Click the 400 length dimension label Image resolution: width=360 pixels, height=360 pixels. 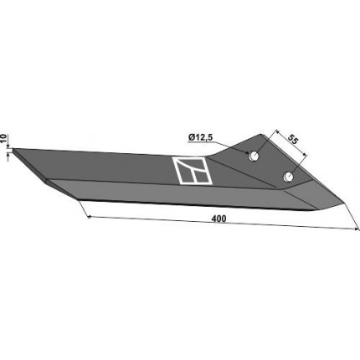[x=219, y=219]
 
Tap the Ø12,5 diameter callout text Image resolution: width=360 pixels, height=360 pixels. [x=201, y=137]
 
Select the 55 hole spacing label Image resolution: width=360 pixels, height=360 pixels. [x=293, y=139]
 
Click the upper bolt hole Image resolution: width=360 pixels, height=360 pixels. [x=254, y=156]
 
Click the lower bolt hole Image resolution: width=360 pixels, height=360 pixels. [x=287, y=177]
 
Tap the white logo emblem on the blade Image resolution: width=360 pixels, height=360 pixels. [x=192, y=171]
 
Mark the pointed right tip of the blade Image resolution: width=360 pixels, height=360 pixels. [x=344, y=201]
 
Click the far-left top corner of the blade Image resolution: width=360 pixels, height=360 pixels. [x=13, y=149]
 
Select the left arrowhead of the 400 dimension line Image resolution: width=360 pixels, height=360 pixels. [x=90, y=217]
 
